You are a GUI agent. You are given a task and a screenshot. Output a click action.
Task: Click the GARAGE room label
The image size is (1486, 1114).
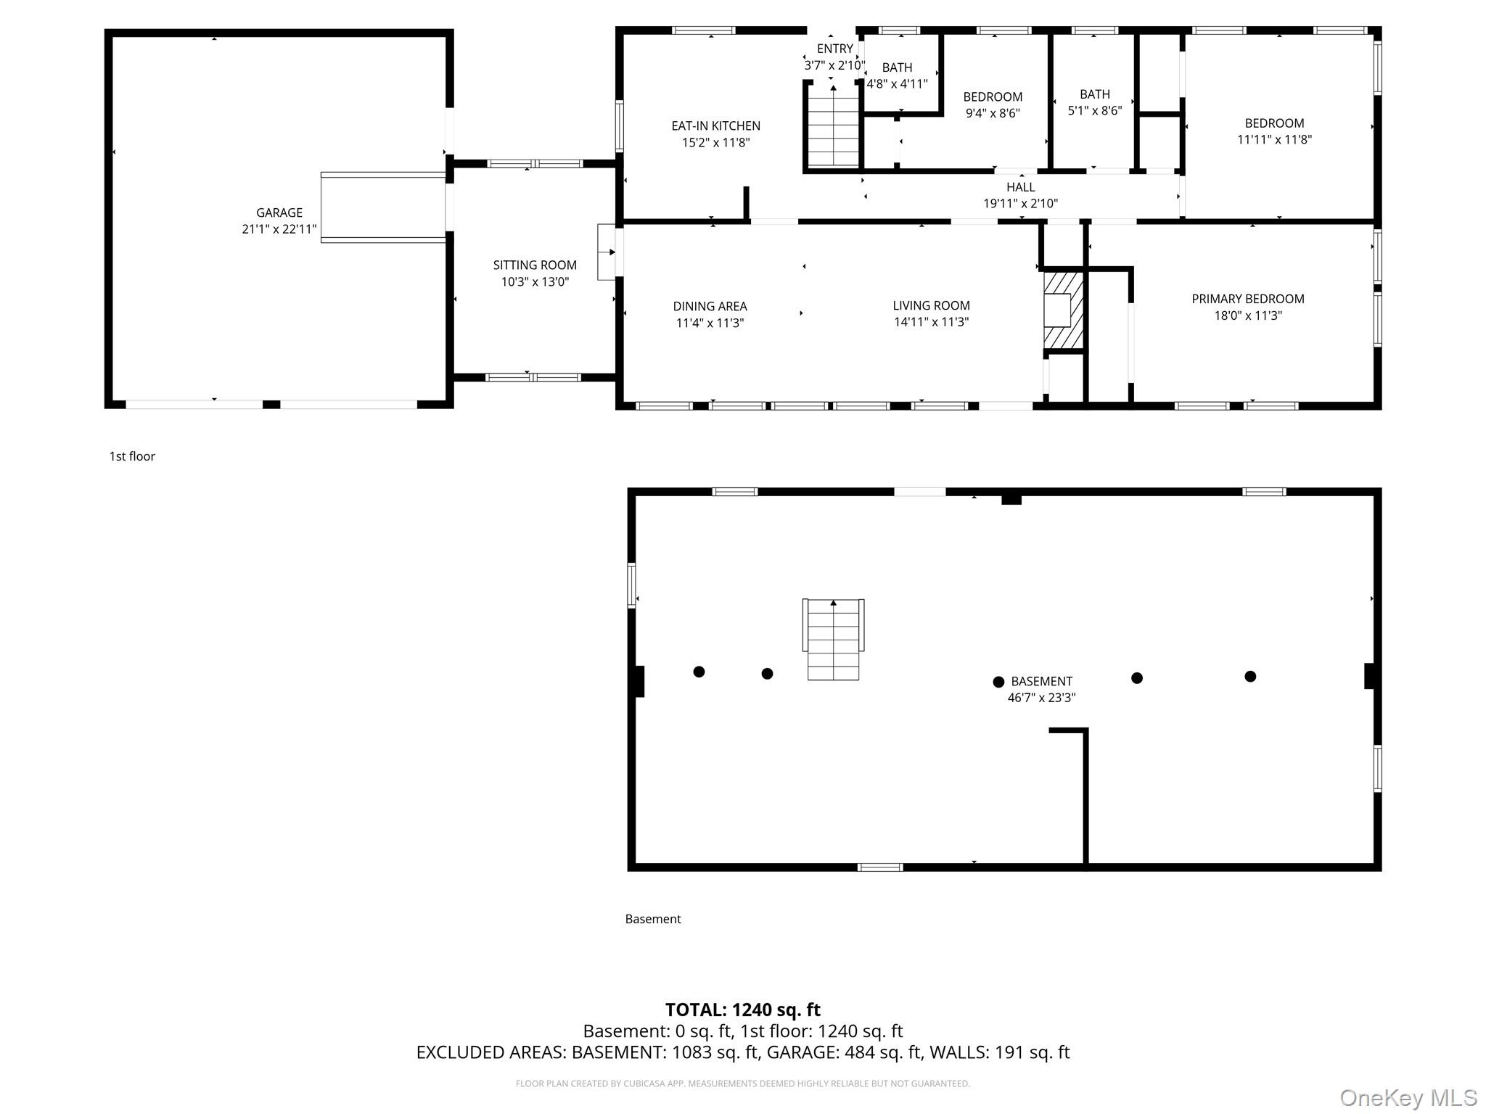click(x=279, y=213)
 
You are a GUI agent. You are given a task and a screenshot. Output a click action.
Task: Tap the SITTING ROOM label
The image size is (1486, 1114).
click(x=535, y=265)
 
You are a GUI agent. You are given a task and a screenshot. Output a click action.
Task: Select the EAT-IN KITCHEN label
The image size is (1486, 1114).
click(x=715, y=126)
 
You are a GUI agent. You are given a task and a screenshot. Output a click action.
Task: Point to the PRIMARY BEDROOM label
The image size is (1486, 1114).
click(x=1248, y=299)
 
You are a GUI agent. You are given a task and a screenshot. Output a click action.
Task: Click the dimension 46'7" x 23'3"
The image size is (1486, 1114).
click(x=1041, y=698)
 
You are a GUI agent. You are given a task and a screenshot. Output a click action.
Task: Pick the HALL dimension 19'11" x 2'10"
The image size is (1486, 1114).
click(x=1020, y=204)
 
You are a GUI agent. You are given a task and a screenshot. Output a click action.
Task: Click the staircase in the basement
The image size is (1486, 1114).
click(x=833, y=639)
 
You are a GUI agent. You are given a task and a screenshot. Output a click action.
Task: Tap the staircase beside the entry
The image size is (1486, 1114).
click(x=833, y=127)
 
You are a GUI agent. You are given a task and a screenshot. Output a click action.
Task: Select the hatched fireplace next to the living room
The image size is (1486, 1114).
click(x=1063, y=310)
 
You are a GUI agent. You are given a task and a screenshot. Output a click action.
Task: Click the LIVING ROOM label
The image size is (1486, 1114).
click(x=931, y=306)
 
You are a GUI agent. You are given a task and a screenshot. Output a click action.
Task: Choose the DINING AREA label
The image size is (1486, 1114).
click(x=710, y=307)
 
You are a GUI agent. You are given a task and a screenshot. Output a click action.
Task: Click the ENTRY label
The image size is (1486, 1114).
click(x=834, y=49)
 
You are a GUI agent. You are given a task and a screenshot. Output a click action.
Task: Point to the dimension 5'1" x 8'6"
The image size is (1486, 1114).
click(x=1094, y=111)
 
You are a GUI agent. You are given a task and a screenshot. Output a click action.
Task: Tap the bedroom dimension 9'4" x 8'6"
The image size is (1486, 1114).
click(x=993, y=113)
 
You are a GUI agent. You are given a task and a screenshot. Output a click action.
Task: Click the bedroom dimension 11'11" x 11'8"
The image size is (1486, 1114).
click(x=1274, y=139)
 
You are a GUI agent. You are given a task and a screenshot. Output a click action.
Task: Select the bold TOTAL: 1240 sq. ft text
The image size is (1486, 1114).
click(x=743, y=1010)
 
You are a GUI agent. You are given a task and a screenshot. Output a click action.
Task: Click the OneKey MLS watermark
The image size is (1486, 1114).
click(x=1408, y=1098)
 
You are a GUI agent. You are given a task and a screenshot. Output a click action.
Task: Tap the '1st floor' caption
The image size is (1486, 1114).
click(x=132, y=456)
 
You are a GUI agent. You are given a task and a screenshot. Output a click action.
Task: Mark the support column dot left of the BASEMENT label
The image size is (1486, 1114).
click(x=998, y=682)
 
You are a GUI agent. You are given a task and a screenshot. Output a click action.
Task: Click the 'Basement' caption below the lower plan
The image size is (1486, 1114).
click(x=653, y=919)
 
